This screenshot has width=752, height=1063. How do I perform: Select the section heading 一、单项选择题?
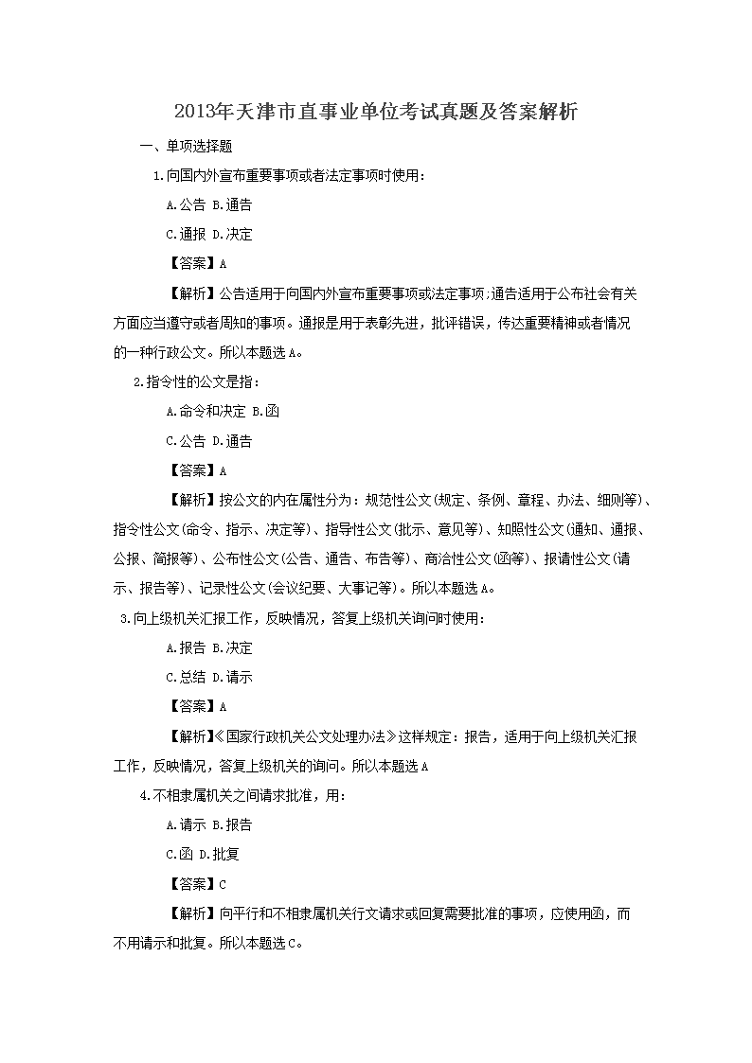[x=186, y=146]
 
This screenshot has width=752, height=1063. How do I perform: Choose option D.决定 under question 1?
[x=232, y=234]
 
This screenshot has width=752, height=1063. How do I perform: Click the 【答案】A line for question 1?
[x=196, y=263]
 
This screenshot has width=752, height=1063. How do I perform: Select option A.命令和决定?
[x=205, y=411]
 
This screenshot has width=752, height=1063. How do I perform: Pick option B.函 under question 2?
[x=266, y=411]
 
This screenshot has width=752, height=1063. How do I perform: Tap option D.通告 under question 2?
[x=232, y=440]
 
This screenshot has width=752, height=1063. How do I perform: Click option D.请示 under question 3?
[x=232, y=677]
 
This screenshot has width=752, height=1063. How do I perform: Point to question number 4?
[x=144, y=795]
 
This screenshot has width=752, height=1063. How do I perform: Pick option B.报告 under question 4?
[x=232, y=824]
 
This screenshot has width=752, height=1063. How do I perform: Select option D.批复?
[x=219, y=854]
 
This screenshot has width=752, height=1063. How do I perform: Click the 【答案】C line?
[x=196, y=884]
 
